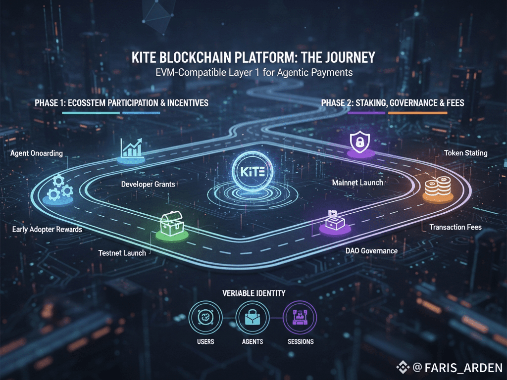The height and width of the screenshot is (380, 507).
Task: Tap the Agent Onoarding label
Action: tap(37, 153)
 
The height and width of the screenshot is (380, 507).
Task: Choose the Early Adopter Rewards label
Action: tap(48, 230)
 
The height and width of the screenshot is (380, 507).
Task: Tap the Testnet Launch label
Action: tap(122, 253)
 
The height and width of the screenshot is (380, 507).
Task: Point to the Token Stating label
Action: tap(465, 153)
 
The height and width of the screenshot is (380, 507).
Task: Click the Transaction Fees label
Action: tap(456, 227)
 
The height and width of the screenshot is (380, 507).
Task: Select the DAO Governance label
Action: tap(371, 251)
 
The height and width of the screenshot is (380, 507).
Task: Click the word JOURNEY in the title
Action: tap(348, 58)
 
